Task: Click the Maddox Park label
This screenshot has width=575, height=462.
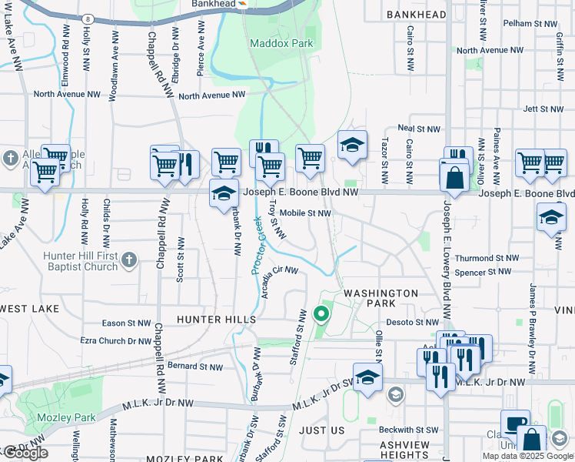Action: (281, 43)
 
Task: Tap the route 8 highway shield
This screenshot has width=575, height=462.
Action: (88, 18)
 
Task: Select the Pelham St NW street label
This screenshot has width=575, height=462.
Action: (528, 23)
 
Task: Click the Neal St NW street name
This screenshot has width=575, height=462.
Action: (418, 129)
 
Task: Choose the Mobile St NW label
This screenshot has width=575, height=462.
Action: (304, 213)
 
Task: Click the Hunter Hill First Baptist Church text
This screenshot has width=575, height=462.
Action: (71, 261)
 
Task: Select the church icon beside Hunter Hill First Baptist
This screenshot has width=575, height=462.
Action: (129, 259)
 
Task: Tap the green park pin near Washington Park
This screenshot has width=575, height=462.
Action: (321, 314)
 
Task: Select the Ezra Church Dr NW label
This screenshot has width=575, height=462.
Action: (116, 340)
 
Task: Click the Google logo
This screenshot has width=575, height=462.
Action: (25, 452)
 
